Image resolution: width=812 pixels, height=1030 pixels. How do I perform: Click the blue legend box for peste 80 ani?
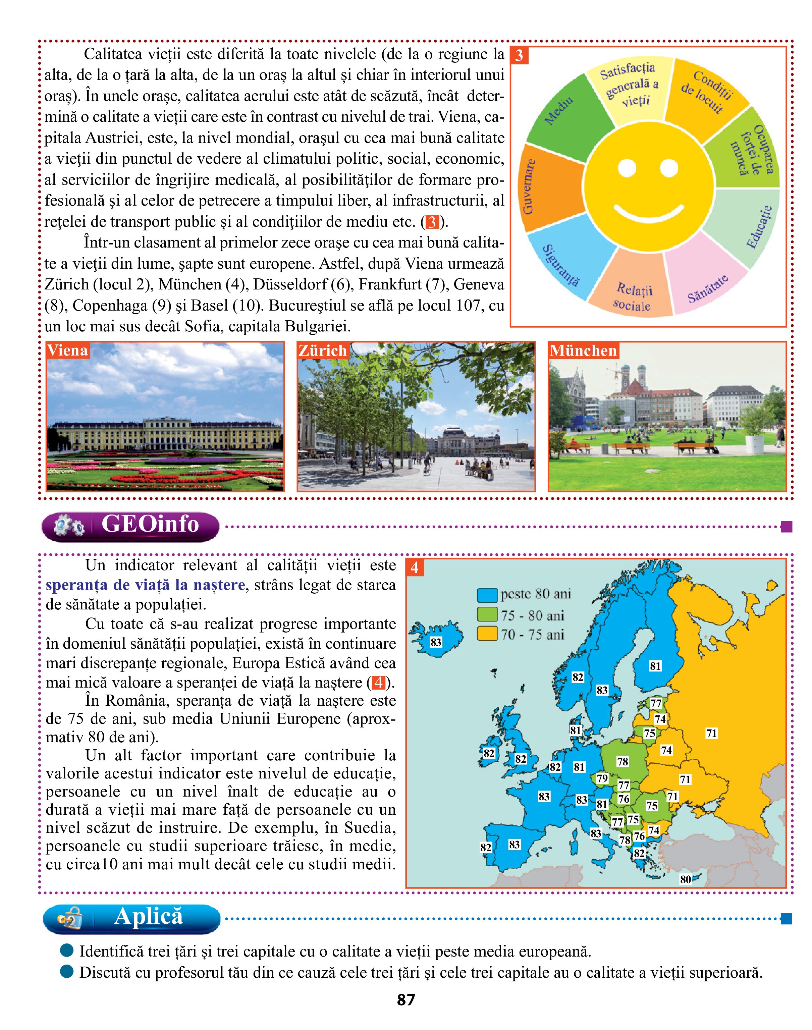[487, 595]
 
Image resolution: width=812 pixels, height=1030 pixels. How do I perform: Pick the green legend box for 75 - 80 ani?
[487, 614]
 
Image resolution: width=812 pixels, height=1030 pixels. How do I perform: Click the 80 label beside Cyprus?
[685, 879]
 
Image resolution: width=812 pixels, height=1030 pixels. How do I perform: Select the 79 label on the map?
[602, 778]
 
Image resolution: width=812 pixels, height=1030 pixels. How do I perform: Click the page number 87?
[405, 1000]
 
